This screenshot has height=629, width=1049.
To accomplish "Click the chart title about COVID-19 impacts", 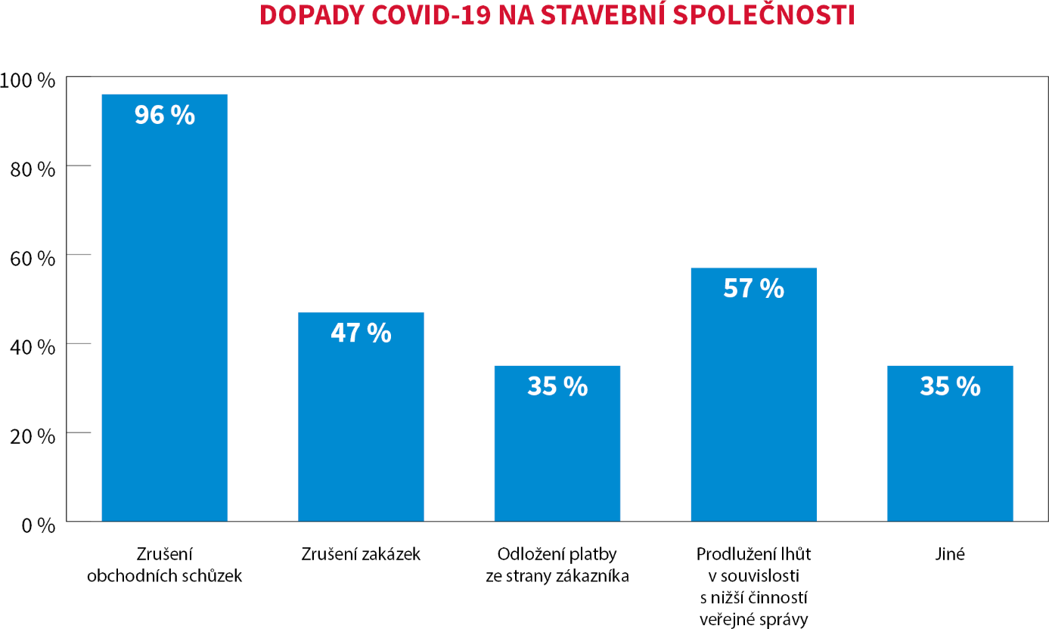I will pos(557,16).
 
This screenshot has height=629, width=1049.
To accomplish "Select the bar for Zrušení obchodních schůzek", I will pos(165,318).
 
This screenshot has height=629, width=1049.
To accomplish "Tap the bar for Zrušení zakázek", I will pos(361,423).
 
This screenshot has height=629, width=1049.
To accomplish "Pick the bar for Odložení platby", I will pos(557,454).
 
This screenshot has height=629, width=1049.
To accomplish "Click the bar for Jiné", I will pos(950,454).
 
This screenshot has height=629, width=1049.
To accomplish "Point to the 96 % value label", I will pos(165,115).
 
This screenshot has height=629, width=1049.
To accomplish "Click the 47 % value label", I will pos(361,333).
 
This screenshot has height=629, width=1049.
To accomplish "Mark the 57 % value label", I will pos(754,288).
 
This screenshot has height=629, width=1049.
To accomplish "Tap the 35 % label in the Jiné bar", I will pos(950,386).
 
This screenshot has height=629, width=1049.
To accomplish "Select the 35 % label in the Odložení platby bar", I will pos(557,386).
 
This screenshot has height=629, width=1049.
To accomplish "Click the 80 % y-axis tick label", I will pos(33,169).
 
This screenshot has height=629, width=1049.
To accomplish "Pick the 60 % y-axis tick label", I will pos(33,259).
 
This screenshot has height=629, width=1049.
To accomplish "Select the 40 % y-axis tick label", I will pos(33,348).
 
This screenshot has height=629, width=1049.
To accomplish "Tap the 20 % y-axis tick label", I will pos(33,437).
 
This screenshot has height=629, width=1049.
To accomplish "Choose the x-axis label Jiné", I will pos(950,554).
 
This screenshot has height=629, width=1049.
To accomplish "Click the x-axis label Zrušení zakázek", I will pos(361,554).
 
